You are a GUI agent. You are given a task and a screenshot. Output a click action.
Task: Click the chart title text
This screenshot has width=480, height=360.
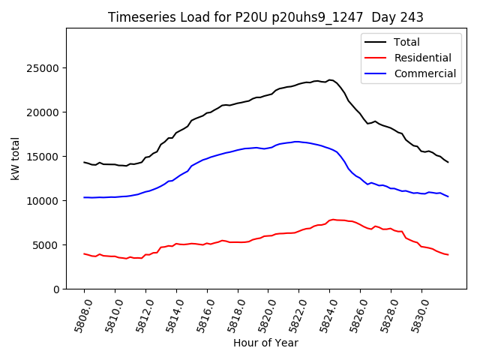pyautogui.click(x=265, y=17)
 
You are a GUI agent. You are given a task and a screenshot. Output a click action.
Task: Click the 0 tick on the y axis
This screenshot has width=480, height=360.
pyautogui.click(x=56, y=289)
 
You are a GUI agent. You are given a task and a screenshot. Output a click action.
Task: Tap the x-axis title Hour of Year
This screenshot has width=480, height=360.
pyautogui.click(x=265, y=343)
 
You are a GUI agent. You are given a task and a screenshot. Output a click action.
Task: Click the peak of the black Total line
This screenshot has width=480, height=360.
pyautogui.click(x=330, y=79)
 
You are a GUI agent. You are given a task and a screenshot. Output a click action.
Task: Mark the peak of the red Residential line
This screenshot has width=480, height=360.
pyautogui.click(x=332, y=219)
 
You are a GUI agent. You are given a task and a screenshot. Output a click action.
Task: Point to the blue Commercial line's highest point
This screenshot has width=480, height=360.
pyautogui.click(x=297, y=141)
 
